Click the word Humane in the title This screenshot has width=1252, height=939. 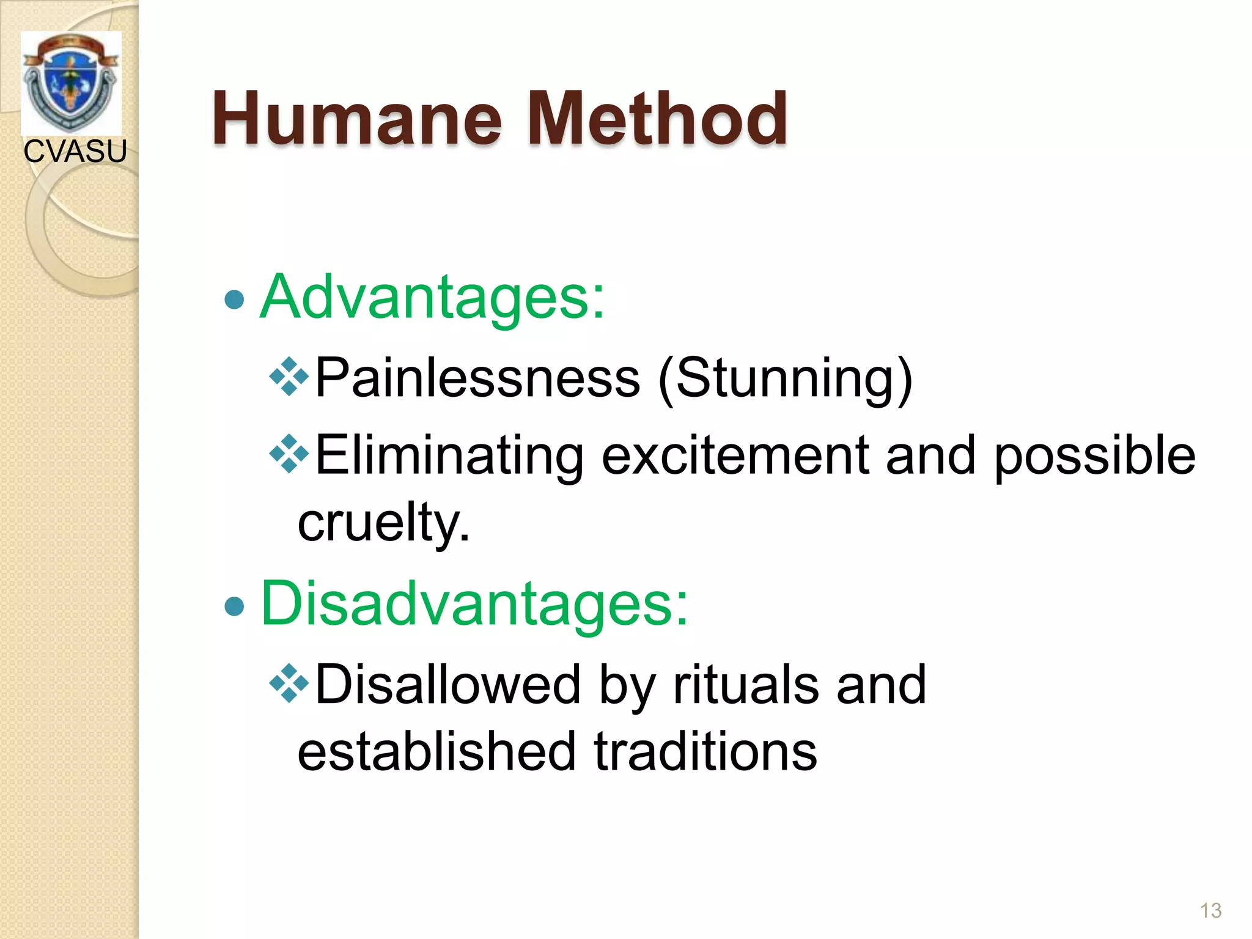(358, 119)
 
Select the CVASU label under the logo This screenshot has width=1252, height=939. (75, 152)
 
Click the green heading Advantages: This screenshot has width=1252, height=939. (432, 298)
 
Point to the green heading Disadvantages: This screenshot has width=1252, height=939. (474, 604)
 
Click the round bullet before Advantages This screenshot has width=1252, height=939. (235, 300)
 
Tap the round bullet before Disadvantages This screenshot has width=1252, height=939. (235, 606)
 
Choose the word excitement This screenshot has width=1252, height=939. (735, 456)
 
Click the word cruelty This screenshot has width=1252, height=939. (383, 523)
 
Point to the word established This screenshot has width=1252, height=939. (436, 752)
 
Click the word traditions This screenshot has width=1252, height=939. (705, 752)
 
